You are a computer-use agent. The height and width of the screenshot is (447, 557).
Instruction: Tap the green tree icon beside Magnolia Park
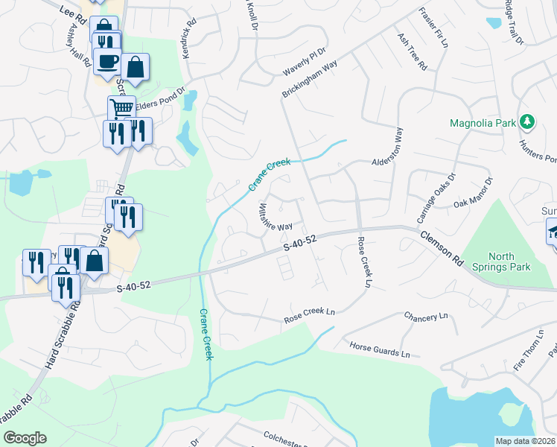point(527,121)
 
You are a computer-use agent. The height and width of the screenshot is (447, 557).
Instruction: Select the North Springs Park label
point(505,262)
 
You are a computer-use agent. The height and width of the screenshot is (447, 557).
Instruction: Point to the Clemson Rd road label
point(451,249)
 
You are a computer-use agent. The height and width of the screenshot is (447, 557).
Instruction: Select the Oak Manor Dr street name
point(474,192)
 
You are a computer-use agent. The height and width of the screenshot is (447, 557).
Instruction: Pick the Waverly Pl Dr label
point(305,62)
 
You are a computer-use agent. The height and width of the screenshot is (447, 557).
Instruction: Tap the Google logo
point(25,438)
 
